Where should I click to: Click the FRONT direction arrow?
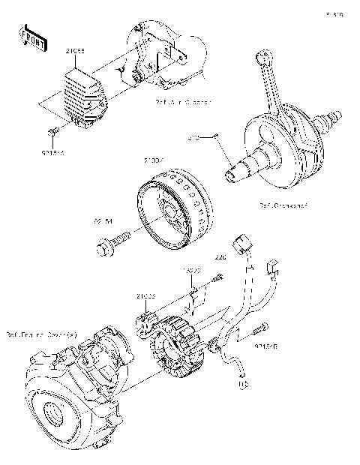pos(34,37)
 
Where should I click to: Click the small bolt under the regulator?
pos(53,133)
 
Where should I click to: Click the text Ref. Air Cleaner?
pos(183,100)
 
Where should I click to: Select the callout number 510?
pos(193,137)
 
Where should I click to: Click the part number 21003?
pos(145,296)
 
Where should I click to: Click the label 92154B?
pos(266,346)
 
